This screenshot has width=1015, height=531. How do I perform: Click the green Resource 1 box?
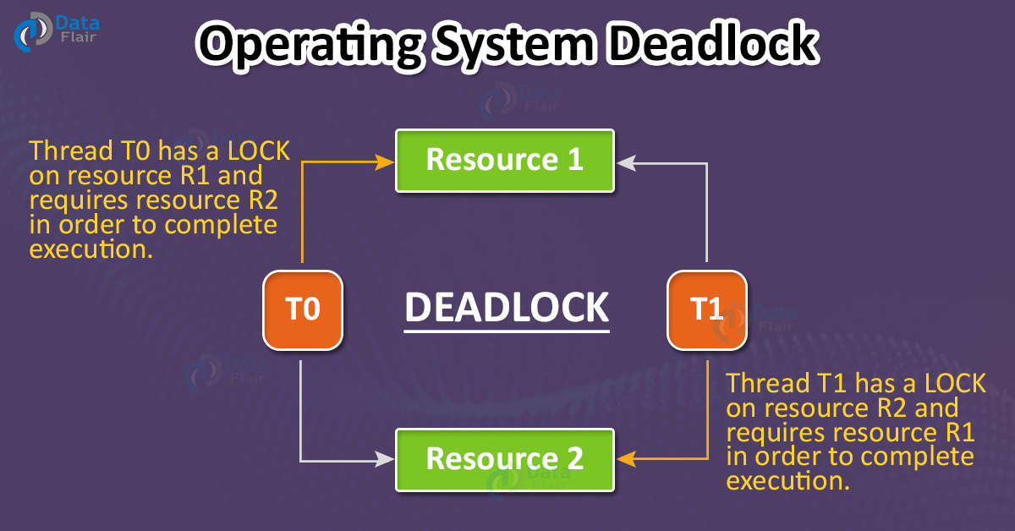coord(505,160)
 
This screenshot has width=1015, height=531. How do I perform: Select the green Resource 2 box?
coord(505,459)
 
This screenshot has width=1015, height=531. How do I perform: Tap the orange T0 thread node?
coord(303,309)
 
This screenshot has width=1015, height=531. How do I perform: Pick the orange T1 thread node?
coord(706,309)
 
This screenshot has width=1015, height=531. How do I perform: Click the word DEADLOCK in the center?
coord(506,307)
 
